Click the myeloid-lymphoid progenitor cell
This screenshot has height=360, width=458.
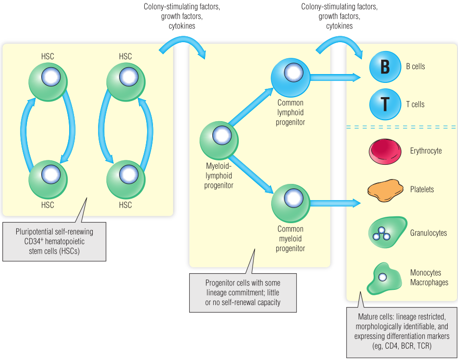219,139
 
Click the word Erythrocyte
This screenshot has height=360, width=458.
426,151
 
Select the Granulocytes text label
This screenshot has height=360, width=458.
428,233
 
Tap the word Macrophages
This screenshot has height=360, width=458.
429,282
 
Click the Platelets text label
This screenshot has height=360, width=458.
422,189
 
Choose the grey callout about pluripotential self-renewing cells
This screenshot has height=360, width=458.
54,240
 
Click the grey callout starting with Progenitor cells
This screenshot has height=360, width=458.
243,293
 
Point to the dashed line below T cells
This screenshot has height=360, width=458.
401,127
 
